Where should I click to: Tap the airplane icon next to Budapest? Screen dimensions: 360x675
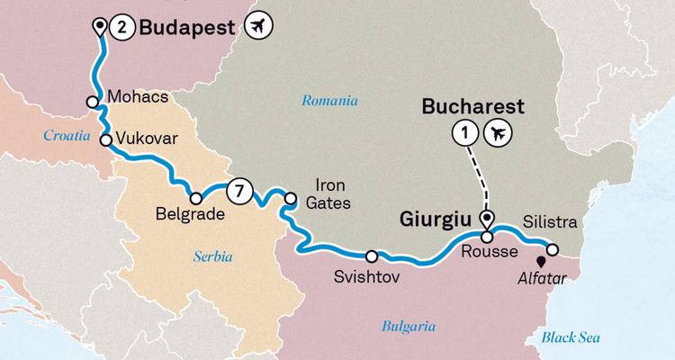258,28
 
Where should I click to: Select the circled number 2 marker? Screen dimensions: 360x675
122,28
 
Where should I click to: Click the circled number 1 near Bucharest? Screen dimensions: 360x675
464,133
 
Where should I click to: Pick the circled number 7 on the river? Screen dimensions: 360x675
238,190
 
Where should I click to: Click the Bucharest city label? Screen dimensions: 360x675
473,106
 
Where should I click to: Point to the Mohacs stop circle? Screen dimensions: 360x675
92,103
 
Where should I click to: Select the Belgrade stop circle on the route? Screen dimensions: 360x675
194,198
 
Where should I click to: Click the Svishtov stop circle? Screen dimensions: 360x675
372,256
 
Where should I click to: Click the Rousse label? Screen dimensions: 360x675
485,254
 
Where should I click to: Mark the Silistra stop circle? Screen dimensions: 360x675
553,249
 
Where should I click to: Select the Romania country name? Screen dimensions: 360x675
329,101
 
